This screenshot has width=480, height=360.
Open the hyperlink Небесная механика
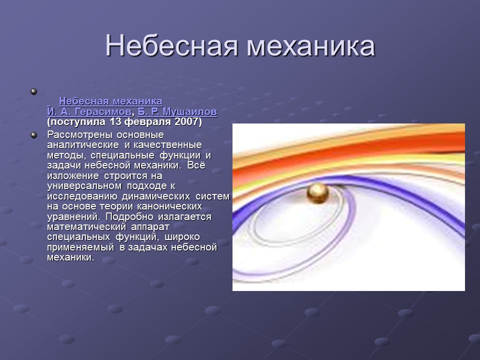110,101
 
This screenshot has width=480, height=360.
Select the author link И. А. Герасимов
89,111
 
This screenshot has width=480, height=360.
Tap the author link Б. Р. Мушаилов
177,111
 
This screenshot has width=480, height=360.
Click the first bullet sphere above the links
34,91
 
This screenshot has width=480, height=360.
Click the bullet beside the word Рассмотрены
34,135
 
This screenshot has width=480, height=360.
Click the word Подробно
120,217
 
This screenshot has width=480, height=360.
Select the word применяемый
81,247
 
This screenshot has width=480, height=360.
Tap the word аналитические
83,145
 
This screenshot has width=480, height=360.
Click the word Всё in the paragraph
195,165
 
